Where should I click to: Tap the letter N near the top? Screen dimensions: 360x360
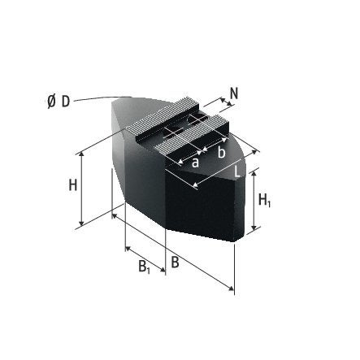(234, 93)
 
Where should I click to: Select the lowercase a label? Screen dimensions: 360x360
(195, 162)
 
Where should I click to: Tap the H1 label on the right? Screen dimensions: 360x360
(264, 200)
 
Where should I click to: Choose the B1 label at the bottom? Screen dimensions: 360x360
(143, 267)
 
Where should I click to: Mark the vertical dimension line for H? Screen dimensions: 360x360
(82, 189)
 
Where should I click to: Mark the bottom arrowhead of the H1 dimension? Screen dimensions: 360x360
(253, 230)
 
